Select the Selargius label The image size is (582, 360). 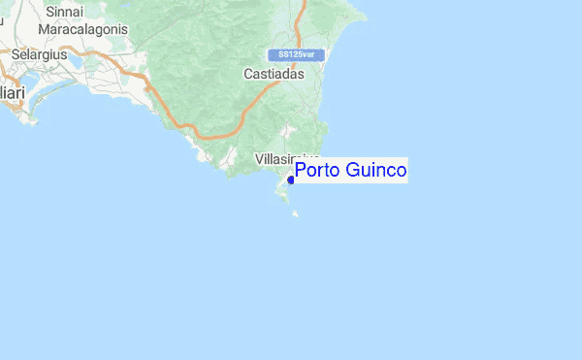click(39, 55)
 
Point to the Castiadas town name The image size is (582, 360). click(274, 74)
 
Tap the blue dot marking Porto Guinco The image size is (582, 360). click(291, 180)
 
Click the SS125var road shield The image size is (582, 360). click(296, 54)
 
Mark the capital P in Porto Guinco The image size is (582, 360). click(301, 171)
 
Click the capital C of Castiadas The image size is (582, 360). click(247, 74)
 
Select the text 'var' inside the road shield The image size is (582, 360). click(308, 54)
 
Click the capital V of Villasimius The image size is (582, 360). click(259, 157)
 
